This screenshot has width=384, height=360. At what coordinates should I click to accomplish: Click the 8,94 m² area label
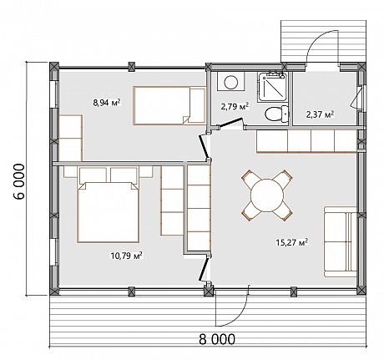(x=107, y=103)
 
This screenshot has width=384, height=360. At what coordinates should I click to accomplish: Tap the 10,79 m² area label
(x=127, y=255)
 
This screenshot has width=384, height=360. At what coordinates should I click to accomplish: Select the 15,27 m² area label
(x=292, y=241)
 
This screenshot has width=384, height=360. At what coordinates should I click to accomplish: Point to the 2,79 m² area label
(x=235, y=106)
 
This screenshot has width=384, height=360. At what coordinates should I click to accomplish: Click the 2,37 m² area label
(x=321, y=114)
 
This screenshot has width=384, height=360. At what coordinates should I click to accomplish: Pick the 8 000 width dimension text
(x=217, y=339)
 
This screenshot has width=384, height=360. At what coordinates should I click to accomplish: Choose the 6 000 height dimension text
(x=19, y=181)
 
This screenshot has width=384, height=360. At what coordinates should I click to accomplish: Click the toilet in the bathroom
(x=276, y=114)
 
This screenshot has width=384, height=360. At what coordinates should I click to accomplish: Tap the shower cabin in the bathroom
(x=272, y=87)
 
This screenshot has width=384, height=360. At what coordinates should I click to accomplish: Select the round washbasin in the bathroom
(x=230, y=82)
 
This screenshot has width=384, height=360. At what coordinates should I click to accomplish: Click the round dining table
(x=267, y=195)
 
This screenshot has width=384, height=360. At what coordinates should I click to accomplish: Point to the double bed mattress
(x=109, y=212)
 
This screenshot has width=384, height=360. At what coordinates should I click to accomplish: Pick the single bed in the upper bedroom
(x=169, y=105)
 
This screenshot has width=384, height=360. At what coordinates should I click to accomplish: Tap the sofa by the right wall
(x=341, y=241)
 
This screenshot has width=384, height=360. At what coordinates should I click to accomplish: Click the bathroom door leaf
(x=230, y=123)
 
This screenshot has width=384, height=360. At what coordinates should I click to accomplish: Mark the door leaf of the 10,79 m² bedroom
(x=203, y=270)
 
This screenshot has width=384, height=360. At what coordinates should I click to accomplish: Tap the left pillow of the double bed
(x=93, y=175)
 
